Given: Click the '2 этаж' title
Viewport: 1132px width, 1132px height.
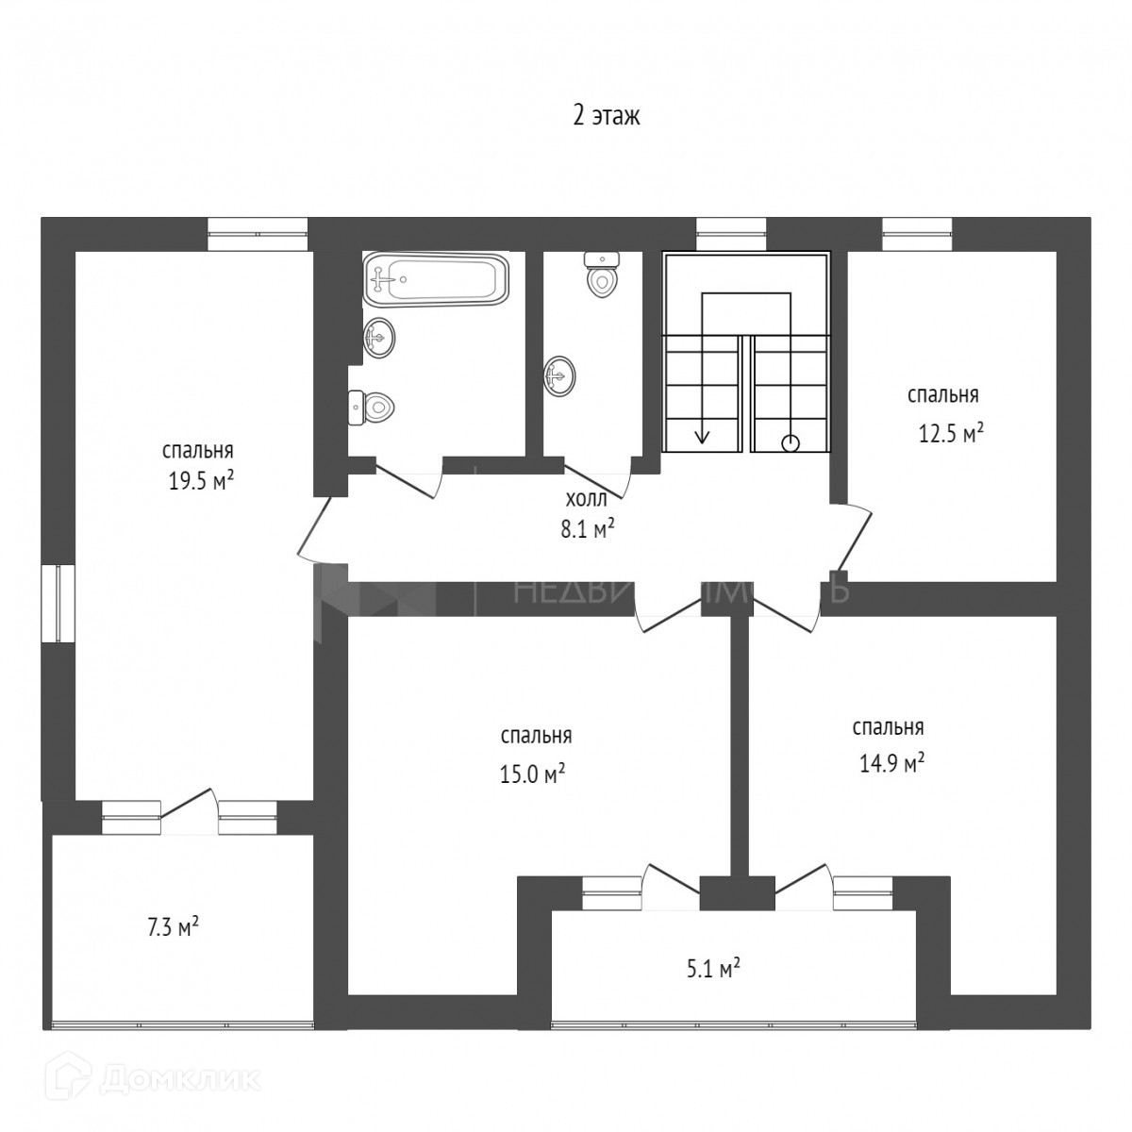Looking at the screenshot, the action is click(607, 116).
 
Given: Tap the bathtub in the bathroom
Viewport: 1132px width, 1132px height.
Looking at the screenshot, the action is click(436, 279).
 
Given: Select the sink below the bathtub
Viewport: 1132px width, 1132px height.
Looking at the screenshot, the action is click(379, 337).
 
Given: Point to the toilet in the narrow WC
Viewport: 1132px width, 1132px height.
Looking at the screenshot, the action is click(601, 274).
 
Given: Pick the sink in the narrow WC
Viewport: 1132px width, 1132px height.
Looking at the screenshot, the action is click(558, 376).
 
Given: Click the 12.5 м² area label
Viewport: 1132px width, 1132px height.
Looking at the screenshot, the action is click(951, 433).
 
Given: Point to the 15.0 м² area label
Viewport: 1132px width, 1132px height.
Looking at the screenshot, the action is click(533, 774).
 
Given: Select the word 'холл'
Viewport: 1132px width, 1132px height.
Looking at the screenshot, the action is click(580, 499).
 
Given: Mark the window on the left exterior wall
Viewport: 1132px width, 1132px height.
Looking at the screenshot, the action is click(57, 604).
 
